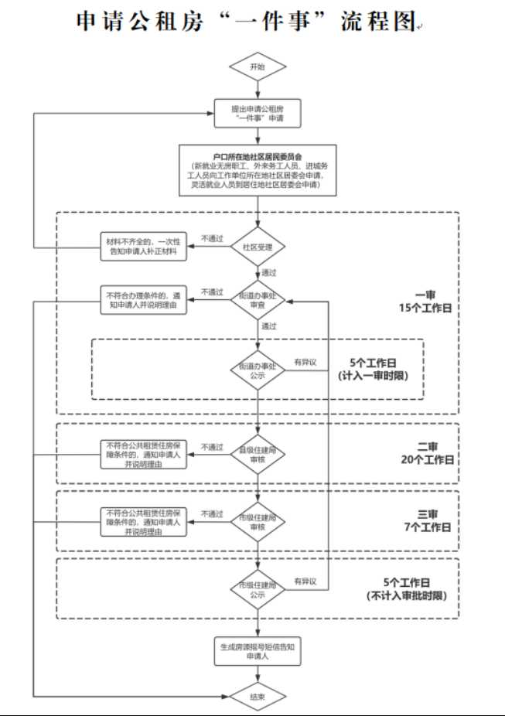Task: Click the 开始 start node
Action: (x=258, y=68)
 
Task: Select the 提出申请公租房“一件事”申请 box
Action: (x=258, y=114)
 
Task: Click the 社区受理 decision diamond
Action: (x=258, y=247)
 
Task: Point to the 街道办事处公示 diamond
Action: (x=258, y=370)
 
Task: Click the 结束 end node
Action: (x=258, y=697)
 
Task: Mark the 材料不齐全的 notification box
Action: (x=145, y=247)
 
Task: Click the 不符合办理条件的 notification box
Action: (x=145, y=300)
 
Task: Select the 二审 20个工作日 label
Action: (x=428, y=453)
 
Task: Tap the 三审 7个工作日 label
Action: (x=428, y=520)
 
